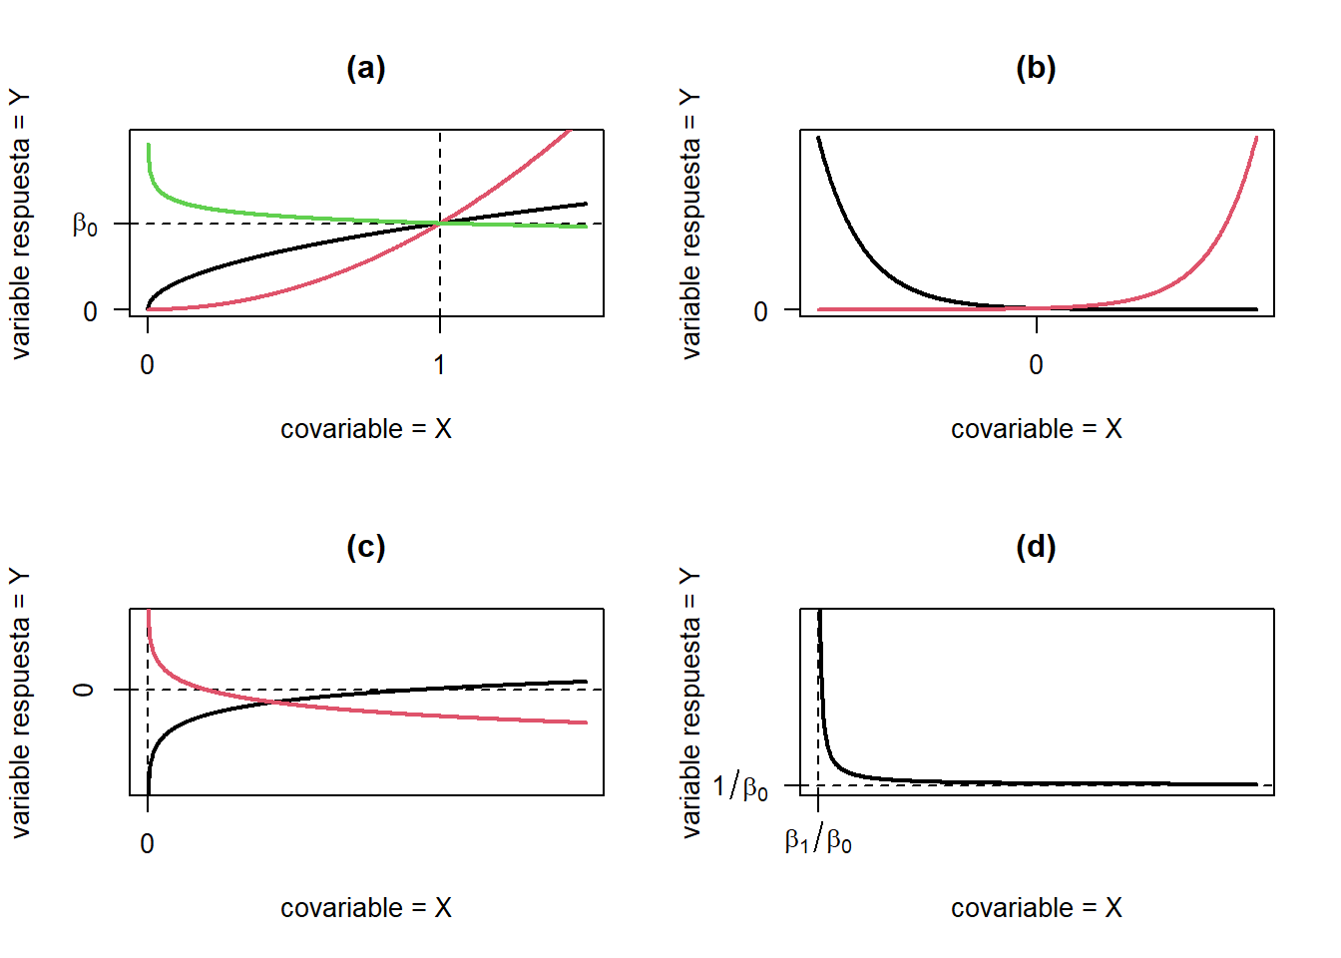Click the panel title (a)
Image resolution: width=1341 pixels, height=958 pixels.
(366, 68)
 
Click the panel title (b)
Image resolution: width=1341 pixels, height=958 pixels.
(1036, 68)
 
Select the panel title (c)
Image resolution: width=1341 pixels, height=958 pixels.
(366, 547)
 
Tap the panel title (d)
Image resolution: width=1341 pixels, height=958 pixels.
(1036, 547)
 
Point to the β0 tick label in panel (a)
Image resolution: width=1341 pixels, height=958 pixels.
(86, 225)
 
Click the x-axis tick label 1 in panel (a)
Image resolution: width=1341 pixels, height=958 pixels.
(439, 365)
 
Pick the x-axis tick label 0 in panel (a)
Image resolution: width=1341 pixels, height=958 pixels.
(148, 365)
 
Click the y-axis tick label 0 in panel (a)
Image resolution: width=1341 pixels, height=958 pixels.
(90, 311)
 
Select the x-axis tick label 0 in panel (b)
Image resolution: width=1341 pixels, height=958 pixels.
(1036, 365)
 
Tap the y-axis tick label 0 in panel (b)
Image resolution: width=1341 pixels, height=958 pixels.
(760, 311)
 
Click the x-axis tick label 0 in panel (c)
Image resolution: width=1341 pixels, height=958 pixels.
(148, 844)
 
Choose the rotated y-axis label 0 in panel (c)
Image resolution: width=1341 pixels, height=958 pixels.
(85, 690)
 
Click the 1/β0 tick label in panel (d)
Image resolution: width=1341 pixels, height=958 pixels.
(741, 787)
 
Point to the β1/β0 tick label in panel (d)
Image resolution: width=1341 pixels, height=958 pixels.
(818, 841)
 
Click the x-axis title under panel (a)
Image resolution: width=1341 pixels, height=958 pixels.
(366, 429)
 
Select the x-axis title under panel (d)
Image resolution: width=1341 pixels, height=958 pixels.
(1036, 908)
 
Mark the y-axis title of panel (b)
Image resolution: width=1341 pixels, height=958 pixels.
(690, 224)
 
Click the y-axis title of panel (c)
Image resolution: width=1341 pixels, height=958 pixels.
(21, 703)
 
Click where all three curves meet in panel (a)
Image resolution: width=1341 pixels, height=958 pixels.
(440, 224)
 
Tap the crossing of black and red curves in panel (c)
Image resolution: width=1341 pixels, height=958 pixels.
(272, 703)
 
